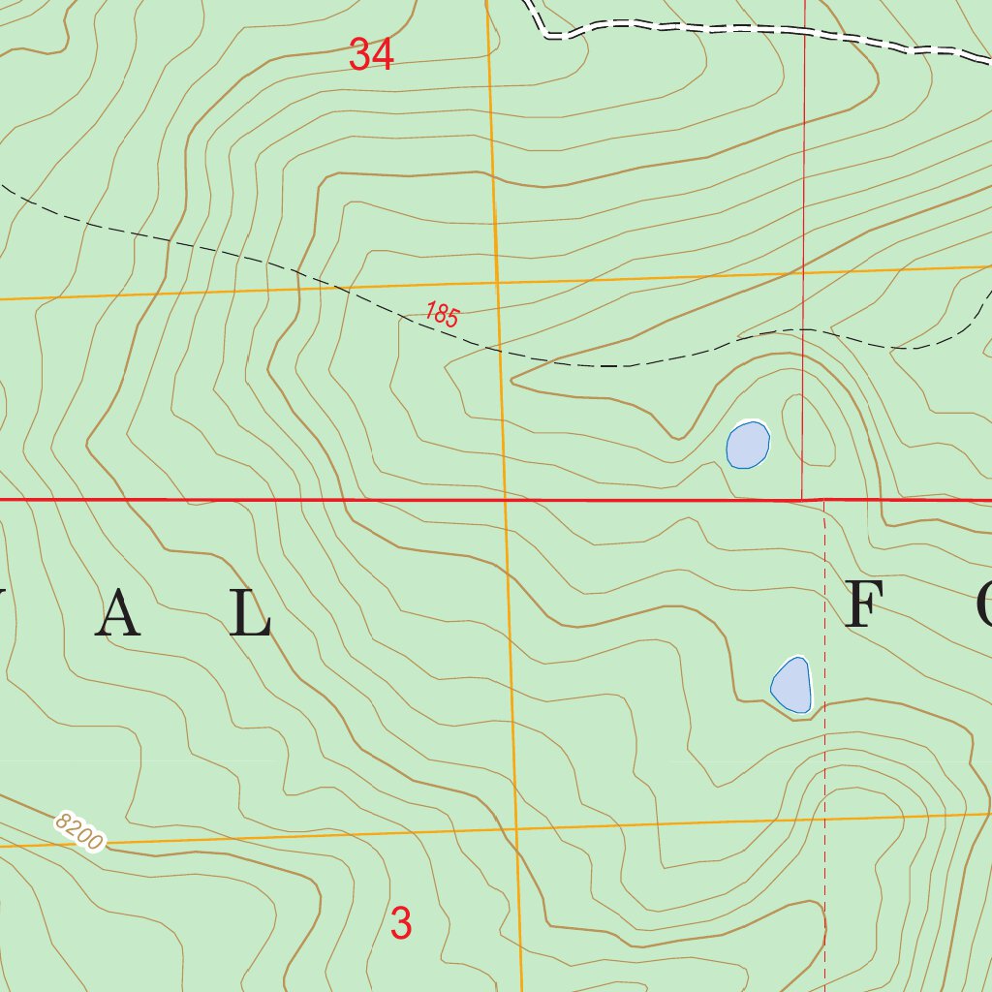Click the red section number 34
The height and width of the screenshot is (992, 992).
[372, 55]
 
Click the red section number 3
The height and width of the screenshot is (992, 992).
[401, 923]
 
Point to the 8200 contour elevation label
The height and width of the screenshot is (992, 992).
[78, 832]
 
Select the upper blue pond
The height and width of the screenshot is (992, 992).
[748, 445]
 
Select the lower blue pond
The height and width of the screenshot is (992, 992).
[791, 685]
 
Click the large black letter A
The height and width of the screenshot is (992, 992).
[123, 614]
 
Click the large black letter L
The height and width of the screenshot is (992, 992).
[251, 614]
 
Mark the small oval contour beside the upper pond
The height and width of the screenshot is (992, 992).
[809, 431]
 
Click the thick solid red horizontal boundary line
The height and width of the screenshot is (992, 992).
[291, 500]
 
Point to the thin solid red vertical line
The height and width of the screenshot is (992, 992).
[804, 194]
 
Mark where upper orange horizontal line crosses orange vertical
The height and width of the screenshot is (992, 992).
[496, 282]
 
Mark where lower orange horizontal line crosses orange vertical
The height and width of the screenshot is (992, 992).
[517, 830]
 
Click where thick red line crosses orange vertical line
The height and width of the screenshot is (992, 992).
[505, 500]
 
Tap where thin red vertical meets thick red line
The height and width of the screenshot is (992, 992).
[803, 500]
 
